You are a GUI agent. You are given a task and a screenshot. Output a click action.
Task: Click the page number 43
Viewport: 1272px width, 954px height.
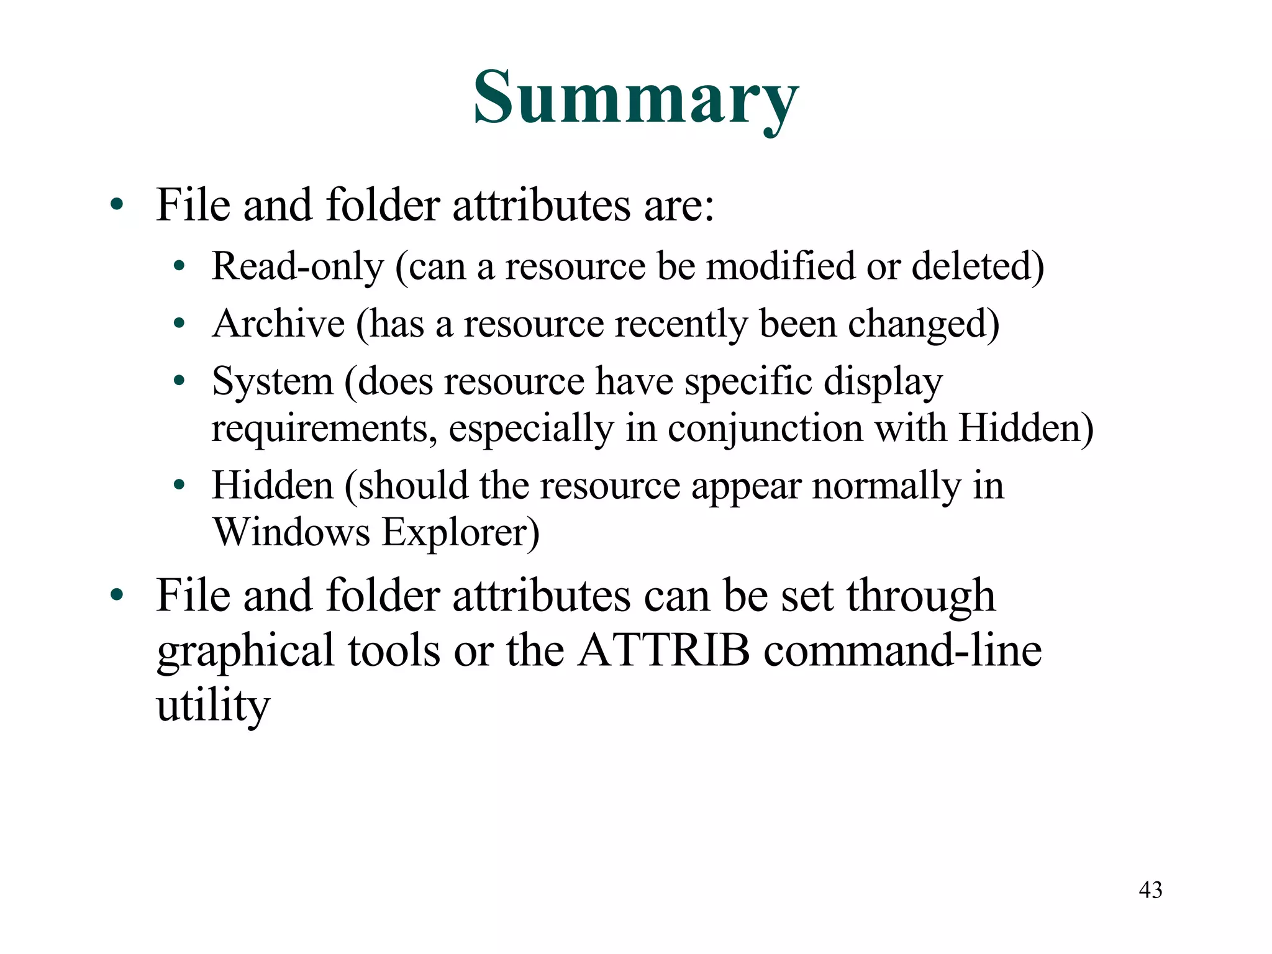(x=1150, y=890)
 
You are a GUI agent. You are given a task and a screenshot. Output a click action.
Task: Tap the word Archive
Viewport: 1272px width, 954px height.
(x=278, y=324)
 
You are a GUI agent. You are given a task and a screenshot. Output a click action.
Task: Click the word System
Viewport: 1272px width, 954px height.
(x=273, y=381)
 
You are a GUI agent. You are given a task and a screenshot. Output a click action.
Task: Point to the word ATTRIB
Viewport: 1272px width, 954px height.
(x=663, y=651)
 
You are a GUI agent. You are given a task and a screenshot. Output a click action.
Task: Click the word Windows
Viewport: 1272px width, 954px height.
(x=291, y=532)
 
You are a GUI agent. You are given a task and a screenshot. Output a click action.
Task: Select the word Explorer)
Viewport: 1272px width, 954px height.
(x=460, y=532)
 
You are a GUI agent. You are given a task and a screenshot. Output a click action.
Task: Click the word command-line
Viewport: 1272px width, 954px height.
(x=902, y=651)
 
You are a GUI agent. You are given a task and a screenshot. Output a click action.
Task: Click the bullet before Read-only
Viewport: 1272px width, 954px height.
(x=179, y=266)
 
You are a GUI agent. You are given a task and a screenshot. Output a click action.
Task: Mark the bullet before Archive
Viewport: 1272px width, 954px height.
(x=179, y=324)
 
